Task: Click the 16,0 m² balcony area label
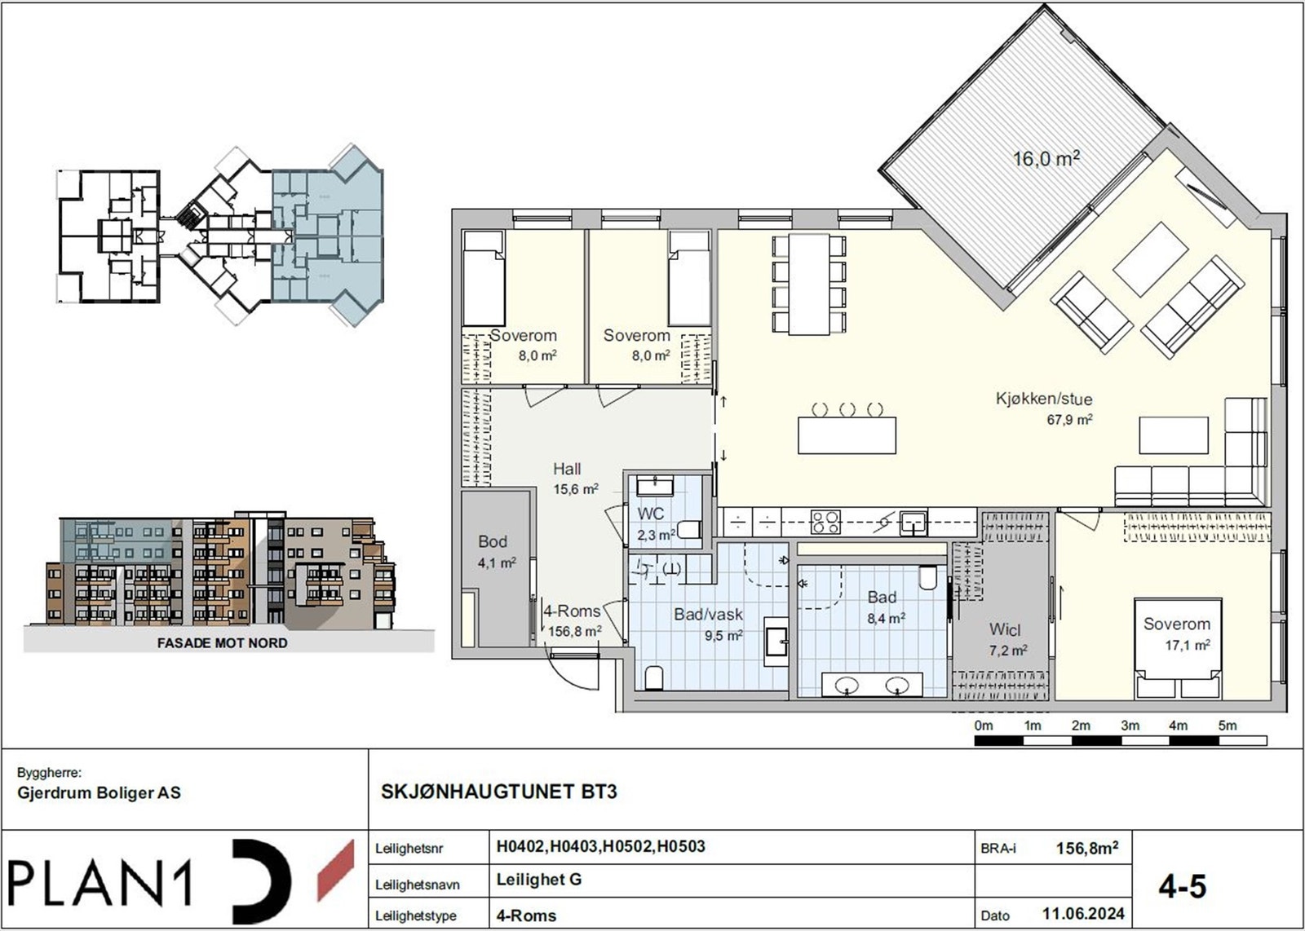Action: (x=1046, y=158)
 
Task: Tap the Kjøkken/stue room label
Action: (x=1043, y=399)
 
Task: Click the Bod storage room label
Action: (x=493, y=551)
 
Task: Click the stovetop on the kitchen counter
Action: (x=825, y=522)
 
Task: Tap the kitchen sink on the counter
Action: (x=913, y=522)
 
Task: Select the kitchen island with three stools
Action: (x=847, y=435)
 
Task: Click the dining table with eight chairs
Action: (x=808, y=284)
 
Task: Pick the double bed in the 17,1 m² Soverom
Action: (x=1177, y=649)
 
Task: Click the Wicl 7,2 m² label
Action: (x=1006, y=638)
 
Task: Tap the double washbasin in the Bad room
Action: (x=872, y=685)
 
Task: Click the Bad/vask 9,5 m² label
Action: (x=708, y=624)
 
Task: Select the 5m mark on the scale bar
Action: (x=1227, y=726)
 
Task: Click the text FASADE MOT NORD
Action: (x=222, y=643)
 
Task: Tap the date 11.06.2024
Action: (x=1082, y=913)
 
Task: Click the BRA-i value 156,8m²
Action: (x=1086, y=848)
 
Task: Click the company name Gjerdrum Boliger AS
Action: (x=100, y=792)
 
